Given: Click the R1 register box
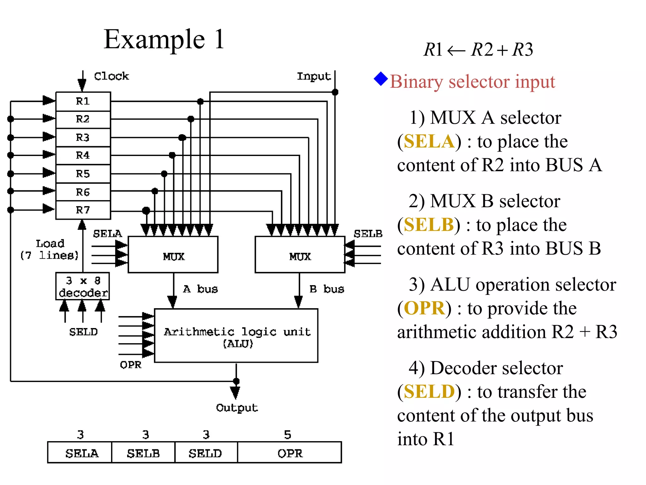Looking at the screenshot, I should pyautogui.click(x=83, y=101).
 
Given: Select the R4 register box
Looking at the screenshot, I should pyautogui.click(x=83, y=155).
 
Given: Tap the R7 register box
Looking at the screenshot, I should pyautogui.click(x=83, y=210).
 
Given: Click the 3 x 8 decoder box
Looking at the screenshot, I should pyautogui.click(x=83, y=286).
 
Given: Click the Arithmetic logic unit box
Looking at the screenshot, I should pyautogui.click(x=236, y=336).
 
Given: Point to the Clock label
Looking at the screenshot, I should pyautogui.click(x=111, y=76).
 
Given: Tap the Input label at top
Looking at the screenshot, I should pyautogui.click(x=314, y=76).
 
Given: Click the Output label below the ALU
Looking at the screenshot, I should pyautogui.click(x=237, y=408).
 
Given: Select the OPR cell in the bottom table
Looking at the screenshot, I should pyautogui.click(x=290, y=453).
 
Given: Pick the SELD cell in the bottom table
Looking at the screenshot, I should pyautogui.click(x=206, y=453).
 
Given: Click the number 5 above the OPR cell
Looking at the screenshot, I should pyautogui.click(x=287, y=435).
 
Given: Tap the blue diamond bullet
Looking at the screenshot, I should pyautogui.click(x=381, y=79).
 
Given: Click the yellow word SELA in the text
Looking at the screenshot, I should pyautogui.click(x=429, y=141).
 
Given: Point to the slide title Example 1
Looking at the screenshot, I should pyautogui.click(x=164, y=39).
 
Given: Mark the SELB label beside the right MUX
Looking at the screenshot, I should pyautogui.click(x=368, y=234).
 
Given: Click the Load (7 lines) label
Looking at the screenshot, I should pyautogui.click(x=50, y=249).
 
